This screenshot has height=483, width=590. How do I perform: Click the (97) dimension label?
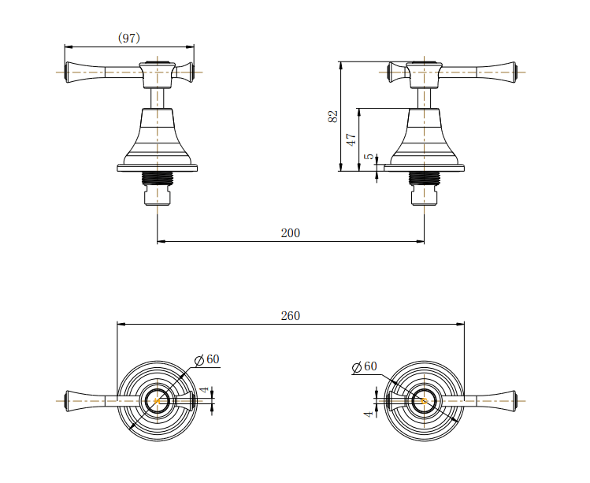[x=129, y=38]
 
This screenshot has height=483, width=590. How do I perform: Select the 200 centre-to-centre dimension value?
[x=290, y=233]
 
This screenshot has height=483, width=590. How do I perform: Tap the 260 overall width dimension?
[x=290, y=315]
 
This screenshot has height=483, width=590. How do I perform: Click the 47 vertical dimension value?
[x=351, y=138]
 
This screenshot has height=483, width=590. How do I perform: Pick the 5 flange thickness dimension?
[x=369, y=157]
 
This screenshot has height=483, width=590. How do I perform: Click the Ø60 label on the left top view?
[x=207, y=359]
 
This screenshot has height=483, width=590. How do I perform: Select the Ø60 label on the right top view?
[x=365, y=366]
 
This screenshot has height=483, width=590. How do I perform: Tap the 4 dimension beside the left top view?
[x=203, y=390]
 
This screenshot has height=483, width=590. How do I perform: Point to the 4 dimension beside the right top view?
[x=368, y=413]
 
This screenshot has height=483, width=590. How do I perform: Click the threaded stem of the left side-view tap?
[x=158, y=177]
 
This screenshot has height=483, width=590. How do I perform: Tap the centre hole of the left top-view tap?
[x=158, y=400]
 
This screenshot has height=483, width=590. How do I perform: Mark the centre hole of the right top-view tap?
[x=424, y=400]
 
